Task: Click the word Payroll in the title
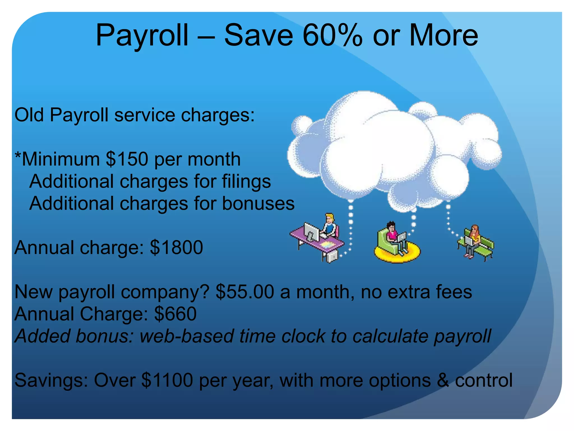[142, 36]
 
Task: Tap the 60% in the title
[332, 36]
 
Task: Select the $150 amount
[127, 159]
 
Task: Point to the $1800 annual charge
[176, 247]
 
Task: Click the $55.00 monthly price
[245, 292]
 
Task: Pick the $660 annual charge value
[175, 314]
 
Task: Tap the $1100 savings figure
[167, 380]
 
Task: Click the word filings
[246, 182]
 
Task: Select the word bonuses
[258, 203]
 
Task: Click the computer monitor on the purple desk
[311, 232]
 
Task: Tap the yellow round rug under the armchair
[397, 254]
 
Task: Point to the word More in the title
[443, 36]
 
